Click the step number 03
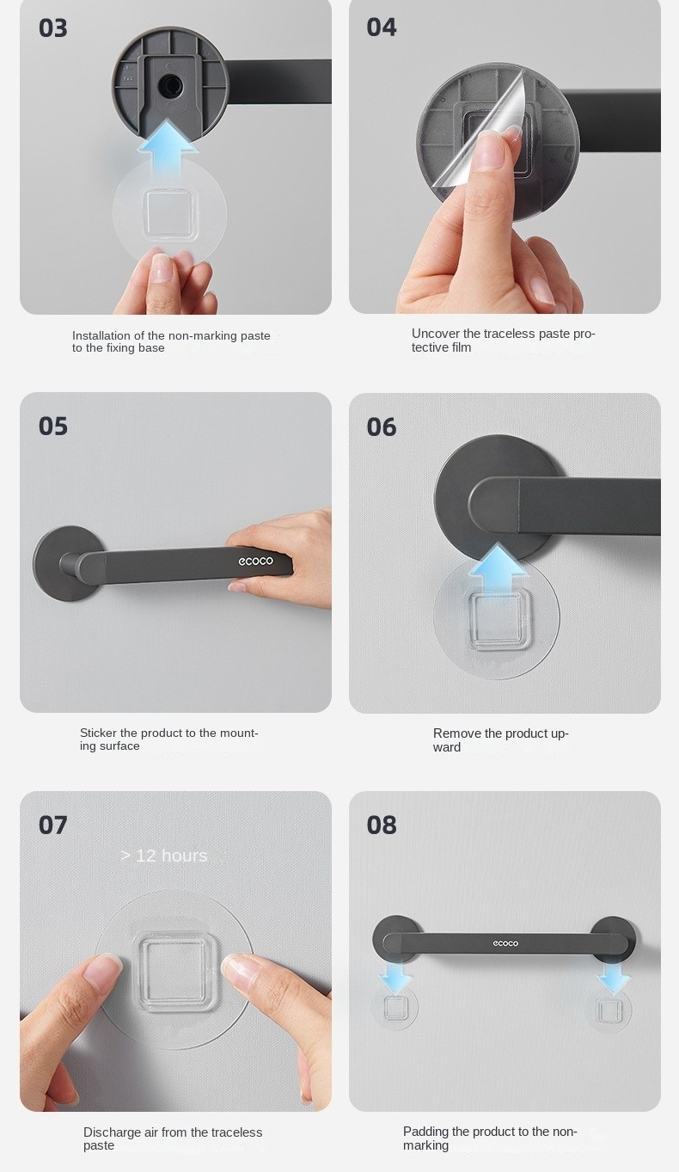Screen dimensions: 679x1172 52,28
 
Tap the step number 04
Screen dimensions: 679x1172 382,28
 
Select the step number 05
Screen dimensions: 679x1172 52,426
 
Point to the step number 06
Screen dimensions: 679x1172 382,427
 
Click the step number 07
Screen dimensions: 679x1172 52,825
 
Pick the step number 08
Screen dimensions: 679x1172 382,825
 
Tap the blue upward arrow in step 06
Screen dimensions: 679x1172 498,570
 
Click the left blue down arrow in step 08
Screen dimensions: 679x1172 395,979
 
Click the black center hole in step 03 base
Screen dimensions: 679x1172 169,83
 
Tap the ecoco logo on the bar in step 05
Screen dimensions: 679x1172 255,561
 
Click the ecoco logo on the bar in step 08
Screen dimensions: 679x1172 505,943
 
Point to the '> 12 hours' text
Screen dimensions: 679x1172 164,856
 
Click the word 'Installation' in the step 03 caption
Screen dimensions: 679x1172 101,336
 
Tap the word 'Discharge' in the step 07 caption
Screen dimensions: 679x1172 112,1132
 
